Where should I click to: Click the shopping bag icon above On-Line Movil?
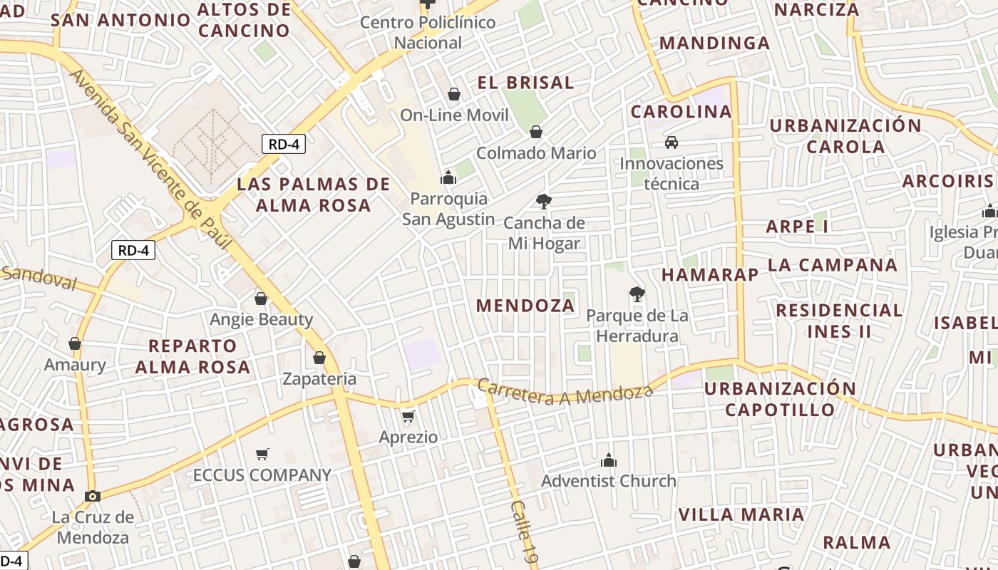tap(454, 94)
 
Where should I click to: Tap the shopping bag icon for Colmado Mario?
tap(536, 132)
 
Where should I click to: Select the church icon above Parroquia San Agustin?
tap(448, 177)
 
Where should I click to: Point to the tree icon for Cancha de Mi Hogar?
tap(544, 202)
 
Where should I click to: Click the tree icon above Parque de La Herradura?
tap(637, 294)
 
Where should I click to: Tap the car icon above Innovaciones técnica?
tap(672, 142)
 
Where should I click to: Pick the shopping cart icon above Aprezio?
tap(408, 416)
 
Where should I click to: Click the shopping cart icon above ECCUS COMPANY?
tap(262, 454)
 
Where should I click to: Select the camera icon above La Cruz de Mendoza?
tap(92, 496)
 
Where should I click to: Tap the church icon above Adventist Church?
tap(608, 460)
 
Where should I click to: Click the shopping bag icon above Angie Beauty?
tap(261, 299)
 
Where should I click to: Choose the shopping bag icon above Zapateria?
tap(319, 358)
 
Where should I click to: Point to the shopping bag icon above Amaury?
tap(75, 344)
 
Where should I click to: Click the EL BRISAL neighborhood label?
tap(526, 83)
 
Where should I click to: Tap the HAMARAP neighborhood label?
tap(710, 275)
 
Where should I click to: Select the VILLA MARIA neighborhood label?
tap(741, 514)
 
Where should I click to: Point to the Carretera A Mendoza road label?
tap(565, 392)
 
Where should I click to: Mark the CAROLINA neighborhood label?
tap(681, 112)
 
